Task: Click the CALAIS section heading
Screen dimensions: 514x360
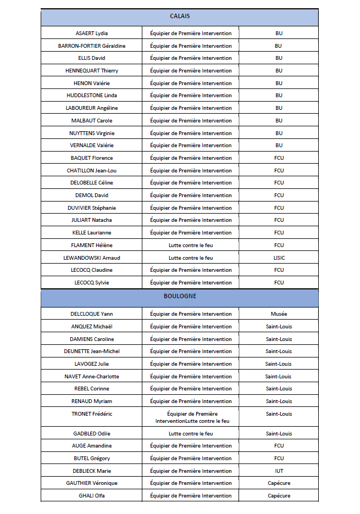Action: (180, 16)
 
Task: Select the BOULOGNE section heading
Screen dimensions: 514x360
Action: (180, 296)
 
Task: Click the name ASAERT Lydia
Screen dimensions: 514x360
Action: (92, 33)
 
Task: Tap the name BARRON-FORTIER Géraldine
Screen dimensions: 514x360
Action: (92, 46)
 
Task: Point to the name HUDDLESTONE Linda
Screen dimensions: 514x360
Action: (92, 96)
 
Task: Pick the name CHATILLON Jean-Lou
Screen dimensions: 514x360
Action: (92, 171)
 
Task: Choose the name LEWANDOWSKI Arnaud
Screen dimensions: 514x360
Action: (92, 258)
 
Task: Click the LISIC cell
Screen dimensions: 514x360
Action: (279, 258)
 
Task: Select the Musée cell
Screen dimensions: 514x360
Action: (279, 314)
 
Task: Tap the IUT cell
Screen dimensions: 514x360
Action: (279, 471)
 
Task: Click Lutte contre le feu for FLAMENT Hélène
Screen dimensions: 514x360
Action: (191, 245)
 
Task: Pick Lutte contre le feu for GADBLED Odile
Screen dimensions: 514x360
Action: (191, 434)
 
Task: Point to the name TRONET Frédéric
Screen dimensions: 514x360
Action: (92, 414)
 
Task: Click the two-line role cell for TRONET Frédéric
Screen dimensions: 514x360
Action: (191, 417)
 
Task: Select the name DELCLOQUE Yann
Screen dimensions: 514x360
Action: (92, 314)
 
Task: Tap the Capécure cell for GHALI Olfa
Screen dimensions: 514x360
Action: (279, 496)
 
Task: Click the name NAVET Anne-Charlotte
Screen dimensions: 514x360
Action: (92, 377)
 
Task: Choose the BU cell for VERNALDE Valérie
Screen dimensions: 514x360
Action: (279, 146)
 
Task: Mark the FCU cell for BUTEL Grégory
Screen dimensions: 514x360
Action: (279, 459)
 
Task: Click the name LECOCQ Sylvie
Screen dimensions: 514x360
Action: (92, 283)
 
